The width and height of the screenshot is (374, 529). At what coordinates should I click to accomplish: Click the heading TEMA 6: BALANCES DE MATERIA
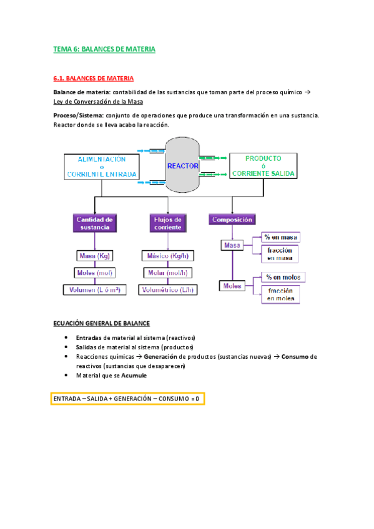104,48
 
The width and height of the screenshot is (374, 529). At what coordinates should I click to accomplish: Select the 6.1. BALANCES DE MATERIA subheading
93,79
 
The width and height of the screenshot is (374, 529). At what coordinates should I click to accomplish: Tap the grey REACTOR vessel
182,166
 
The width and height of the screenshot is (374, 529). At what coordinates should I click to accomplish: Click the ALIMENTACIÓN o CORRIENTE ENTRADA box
101,167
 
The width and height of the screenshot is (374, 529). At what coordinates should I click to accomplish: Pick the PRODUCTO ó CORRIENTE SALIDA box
262,166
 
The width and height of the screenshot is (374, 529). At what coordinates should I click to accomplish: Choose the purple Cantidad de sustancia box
94,223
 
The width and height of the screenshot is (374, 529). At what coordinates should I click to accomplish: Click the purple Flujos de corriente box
167,223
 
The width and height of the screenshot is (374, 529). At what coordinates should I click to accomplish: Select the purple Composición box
232,220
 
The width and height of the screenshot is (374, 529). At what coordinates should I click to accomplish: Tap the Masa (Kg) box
94,256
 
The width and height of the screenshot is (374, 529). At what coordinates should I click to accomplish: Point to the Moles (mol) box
93,273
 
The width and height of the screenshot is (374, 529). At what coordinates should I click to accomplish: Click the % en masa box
280,237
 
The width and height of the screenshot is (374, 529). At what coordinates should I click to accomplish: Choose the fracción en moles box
280,294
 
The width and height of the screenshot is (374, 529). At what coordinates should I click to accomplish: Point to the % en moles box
280,277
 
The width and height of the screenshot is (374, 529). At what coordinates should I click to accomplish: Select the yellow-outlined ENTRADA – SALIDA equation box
127,398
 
